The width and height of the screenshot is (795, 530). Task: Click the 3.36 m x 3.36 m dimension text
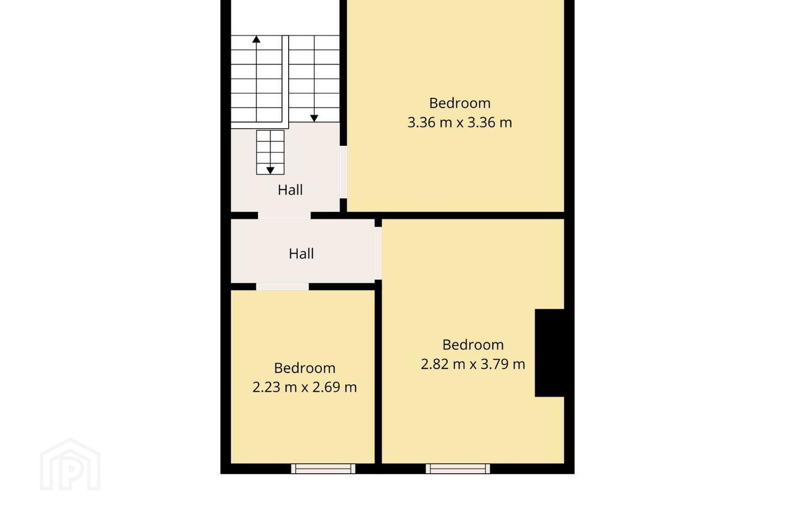pos(459,123)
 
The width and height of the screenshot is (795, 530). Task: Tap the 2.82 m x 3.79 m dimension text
pos(473,364)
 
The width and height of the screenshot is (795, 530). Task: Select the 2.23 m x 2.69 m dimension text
pos(305,387)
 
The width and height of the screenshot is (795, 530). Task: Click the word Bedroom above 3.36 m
pos(459,103)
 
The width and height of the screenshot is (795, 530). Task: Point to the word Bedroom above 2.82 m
pos(473,344)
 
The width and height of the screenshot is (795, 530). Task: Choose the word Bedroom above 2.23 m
pos(305,368)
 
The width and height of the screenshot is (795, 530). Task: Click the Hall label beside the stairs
pos(290,190)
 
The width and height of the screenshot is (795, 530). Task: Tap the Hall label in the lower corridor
pos(301,254)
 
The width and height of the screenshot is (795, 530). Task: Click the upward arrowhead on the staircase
pos(256,39)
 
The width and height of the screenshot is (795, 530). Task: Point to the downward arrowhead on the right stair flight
pos(314,118)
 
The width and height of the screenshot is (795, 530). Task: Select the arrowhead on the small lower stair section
pos(270,171)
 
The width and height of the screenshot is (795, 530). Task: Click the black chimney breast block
pos(549,353)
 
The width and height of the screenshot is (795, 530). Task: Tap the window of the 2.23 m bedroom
pos(323,469)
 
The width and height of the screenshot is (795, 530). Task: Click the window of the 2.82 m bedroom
pos(458,469)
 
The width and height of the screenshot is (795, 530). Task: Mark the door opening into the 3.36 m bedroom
pos(343,172)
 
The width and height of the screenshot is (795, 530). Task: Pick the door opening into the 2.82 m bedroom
pos(378,253)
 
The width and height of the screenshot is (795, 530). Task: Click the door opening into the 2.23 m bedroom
pos(283,287)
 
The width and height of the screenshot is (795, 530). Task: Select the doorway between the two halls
pos(284,215)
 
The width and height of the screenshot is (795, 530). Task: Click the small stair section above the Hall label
pos(271,152)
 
